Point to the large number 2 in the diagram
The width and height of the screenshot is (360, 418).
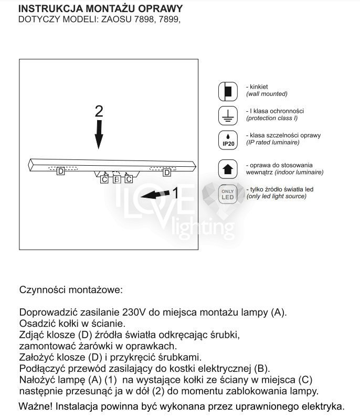pyautogui.click(x=99, y=111)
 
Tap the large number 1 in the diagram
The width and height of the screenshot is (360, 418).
pyautogui.click(x=176, y=193)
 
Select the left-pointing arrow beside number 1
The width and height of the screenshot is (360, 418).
pyautogui.click(x=156, y=195)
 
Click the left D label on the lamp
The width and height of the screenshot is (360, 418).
pyautogui.click(x=61, y=172)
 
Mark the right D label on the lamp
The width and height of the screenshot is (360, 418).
pyautogui.click(x=167, y=172)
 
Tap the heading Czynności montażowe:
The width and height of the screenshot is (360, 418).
pyautogui.click(x=70, y=290)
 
